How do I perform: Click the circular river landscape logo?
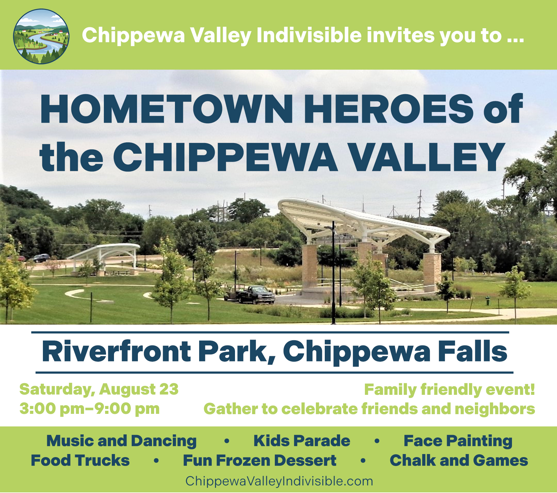(x=41, y=37)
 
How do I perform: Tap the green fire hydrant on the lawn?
(x=487, y=300)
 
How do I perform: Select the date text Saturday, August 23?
(x=99, y=389)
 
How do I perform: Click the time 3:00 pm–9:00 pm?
(x=89, y=409)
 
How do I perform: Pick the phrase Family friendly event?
(x=449, y=390)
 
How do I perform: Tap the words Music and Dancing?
(x=121, y=441)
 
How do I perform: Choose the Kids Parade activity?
(x=302, y=441)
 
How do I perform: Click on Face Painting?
(x=458, y=441)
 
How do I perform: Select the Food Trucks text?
(x=80, y=460)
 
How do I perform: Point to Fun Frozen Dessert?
(x=260, y=460)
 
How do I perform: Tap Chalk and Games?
(x=459, y=460)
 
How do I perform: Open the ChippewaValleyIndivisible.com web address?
(x=279, y=481)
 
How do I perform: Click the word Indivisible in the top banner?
(x=309, y=35)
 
